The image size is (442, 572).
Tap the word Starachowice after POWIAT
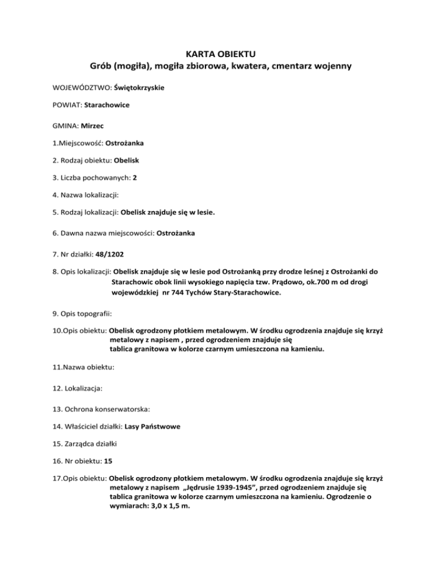point(112,106)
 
